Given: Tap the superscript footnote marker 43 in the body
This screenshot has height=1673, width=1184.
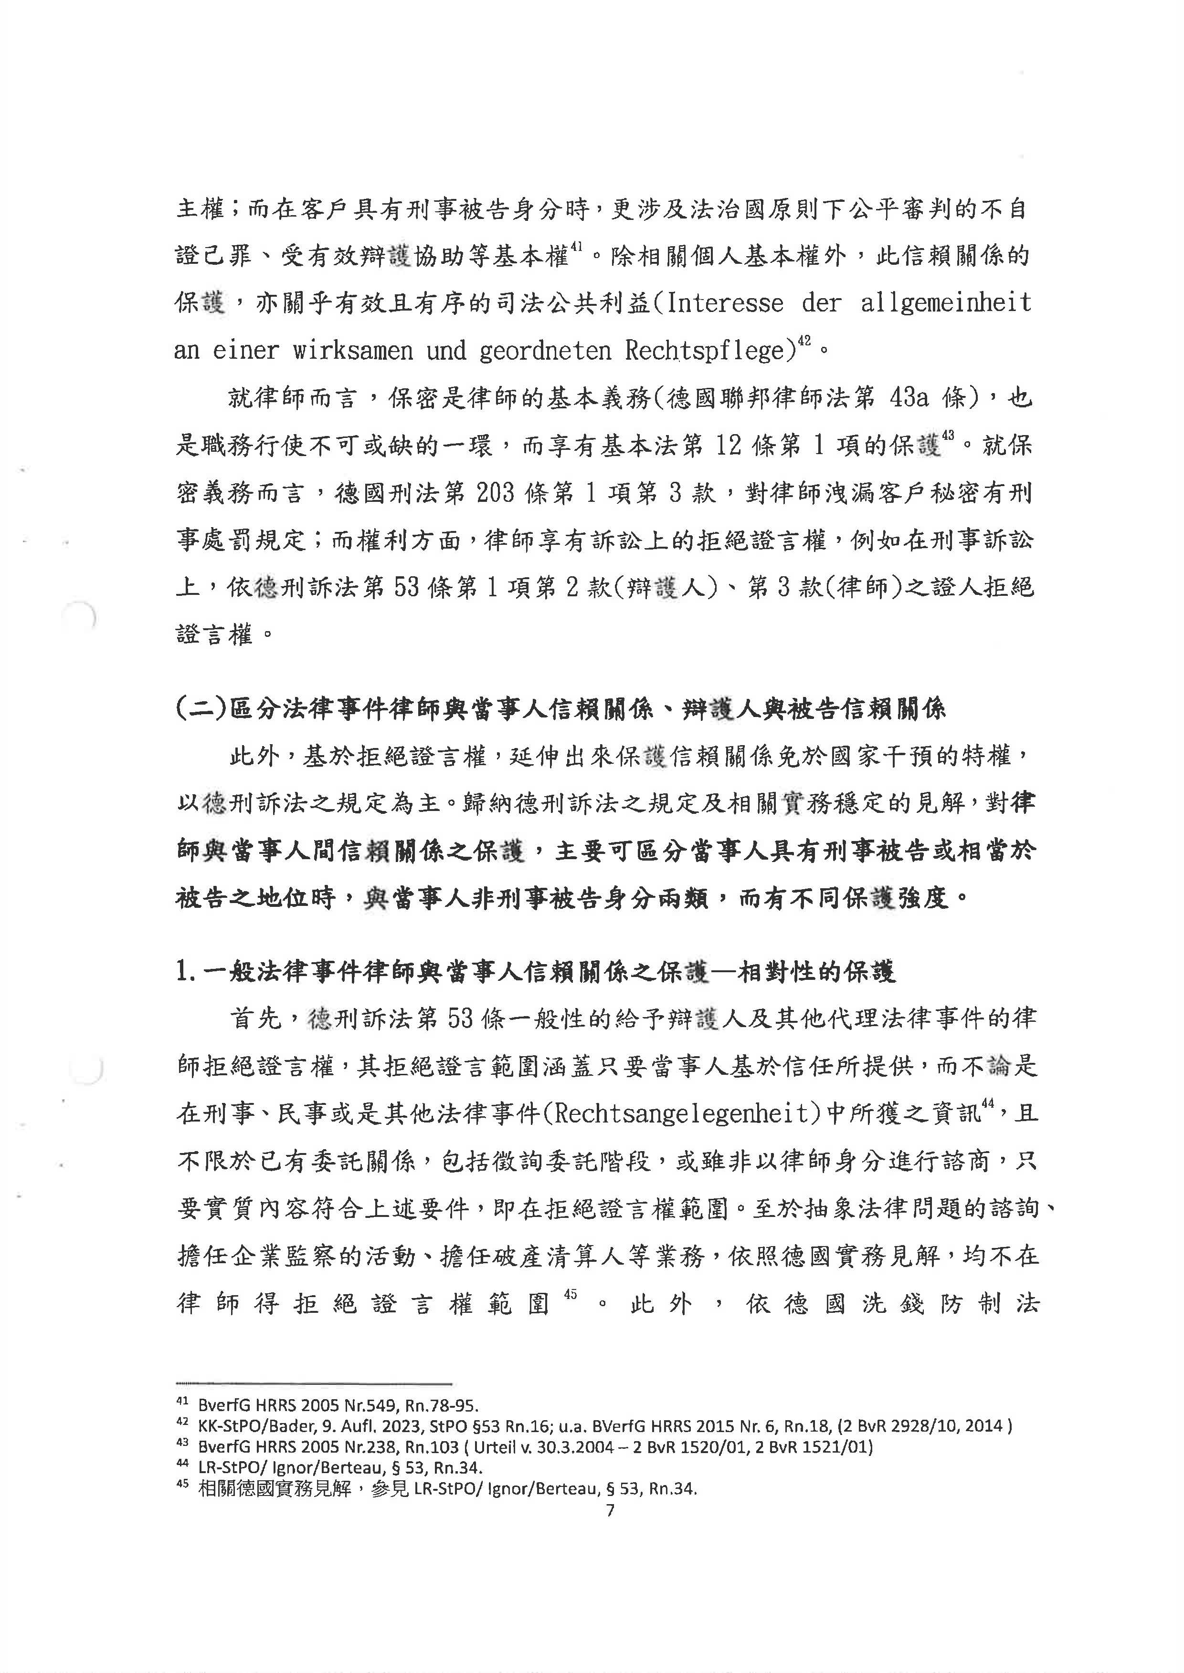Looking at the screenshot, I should point(948,436).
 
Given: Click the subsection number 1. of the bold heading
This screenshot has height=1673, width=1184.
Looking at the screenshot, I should point(186,972).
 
